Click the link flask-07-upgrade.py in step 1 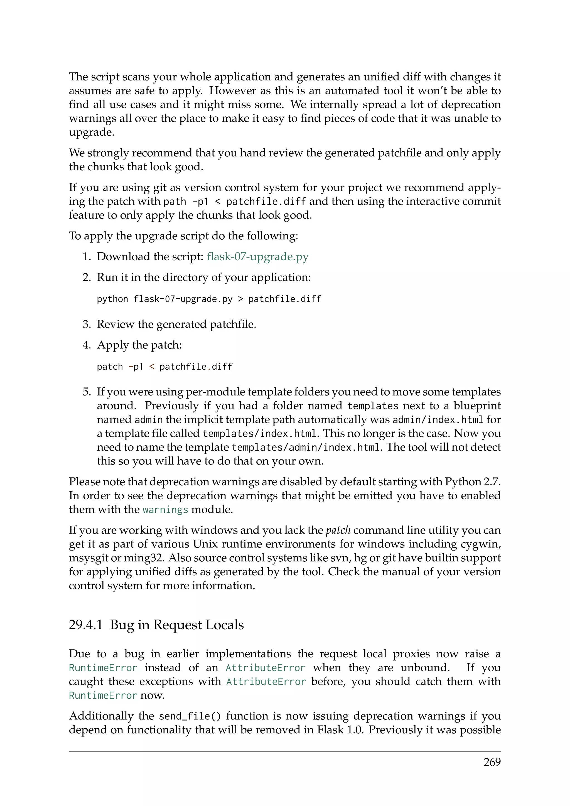click(258, 257)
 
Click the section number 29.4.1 click(86, 625)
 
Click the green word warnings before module click(165, 509)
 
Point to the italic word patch click(338, 530)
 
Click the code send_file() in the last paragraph click(190, 716)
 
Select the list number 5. click(87, 392)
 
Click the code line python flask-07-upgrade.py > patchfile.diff click(209, 299)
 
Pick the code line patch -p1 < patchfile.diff click(164, 367)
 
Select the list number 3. click(87, 324)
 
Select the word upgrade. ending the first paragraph click(92, 132)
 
